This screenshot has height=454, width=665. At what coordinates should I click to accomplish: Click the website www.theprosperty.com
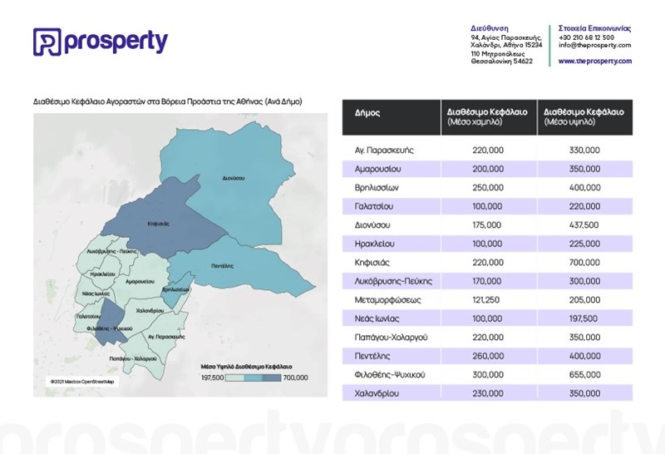click(594, 62)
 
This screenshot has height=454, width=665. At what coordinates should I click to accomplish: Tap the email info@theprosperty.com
click(594, 45)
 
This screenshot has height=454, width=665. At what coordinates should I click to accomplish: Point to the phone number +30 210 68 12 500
click(587, 37)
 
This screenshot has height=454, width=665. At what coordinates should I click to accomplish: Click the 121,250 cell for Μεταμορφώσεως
click(488, 299)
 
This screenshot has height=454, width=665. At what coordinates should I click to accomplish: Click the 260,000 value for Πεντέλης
click(488, 356)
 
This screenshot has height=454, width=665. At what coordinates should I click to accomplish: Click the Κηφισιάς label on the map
click(158, 224)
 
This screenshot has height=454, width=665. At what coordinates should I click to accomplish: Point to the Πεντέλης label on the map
click(222, 264)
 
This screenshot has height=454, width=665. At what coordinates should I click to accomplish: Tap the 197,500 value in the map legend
click(214, 378)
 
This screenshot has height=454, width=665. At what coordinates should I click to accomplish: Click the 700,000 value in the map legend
click(295, 378)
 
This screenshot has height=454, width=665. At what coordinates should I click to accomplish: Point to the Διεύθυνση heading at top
click(489, 28)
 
